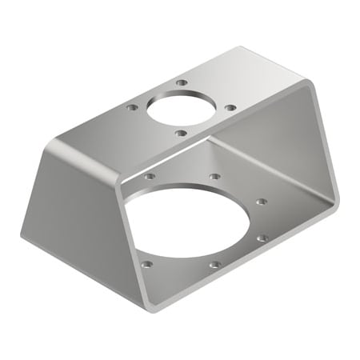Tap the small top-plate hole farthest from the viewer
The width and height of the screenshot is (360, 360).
tap(182, 82)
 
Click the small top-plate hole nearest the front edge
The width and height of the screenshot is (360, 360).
tap(181, 133)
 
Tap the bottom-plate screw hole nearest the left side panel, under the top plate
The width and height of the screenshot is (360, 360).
tap(150, 175)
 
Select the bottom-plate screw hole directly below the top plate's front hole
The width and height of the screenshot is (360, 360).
tap(214, 176)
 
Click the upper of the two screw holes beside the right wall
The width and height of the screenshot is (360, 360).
tap(261, 202)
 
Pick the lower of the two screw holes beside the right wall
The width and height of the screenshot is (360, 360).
tap(261, 237)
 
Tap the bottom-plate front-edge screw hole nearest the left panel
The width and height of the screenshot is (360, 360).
tap(146, 262)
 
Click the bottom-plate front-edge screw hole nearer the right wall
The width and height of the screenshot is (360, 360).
tap(214, 264)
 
